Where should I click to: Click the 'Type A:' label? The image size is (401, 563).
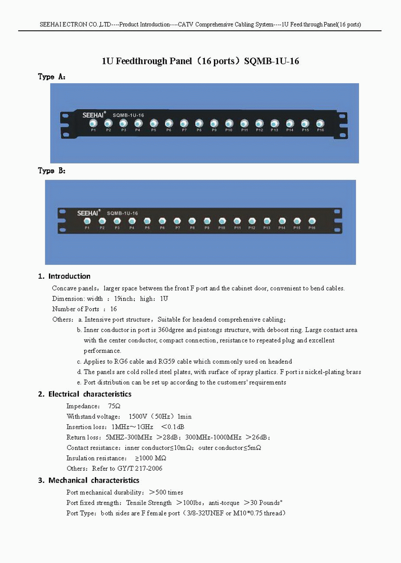pos(51,77)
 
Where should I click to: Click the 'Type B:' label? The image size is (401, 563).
pos(51,171)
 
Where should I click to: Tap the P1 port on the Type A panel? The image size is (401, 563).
pos(93,124)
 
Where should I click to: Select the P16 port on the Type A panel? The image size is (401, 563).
pos(320,124)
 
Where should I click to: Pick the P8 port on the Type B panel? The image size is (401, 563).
pos(192,221)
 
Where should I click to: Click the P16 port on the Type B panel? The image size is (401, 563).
pos(312,221)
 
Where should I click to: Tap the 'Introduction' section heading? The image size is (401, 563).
pos(69,276)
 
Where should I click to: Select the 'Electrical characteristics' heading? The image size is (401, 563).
pos(90,394)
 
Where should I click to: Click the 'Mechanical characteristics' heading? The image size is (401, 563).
pos(94,480)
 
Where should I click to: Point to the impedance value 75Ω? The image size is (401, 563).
pos(114,406)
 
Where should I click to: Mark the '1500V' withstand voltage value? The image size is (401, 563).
pos(138,416)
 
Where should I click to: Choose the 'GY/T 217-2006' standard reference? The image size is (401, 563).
pos(140,468)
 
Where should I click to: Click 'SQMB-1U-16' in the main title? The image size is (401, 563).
pos(272,61)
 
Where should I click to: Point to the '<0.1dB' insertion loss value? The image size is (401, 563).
pos(173,427)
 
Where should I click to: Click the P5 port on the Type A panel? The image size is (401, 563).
pos(154,124)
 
